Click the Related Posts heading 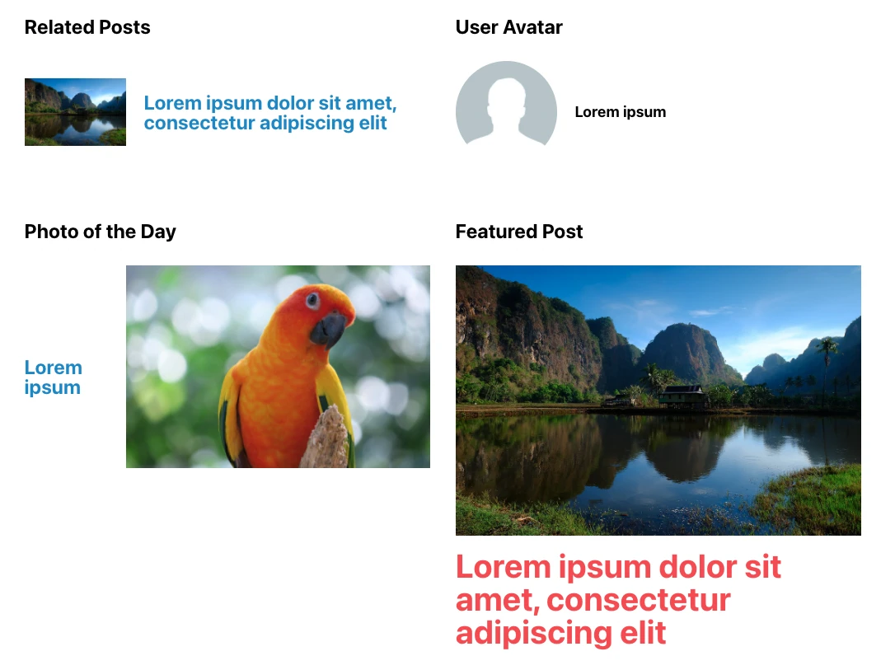tap(87, 27)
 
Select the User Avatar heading tap(508, 27)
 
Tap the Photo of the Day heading tap(100, 232)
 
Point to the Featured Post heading tap(518, 232)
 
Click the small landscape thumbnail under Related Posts tap(75, 112)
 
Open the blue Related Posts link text tap(269, 113)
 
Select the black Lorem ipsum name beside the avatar tap(620, 112)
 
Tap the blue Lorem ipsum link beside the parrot tap(53, 377)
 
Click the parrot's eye tap(312, 300)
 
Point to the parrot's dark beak tap(328, 328)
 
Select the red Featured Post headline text tap(618, 599)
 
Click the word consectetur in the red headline tap(639, 600)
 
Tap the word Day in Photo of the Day tap(158, 232)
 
